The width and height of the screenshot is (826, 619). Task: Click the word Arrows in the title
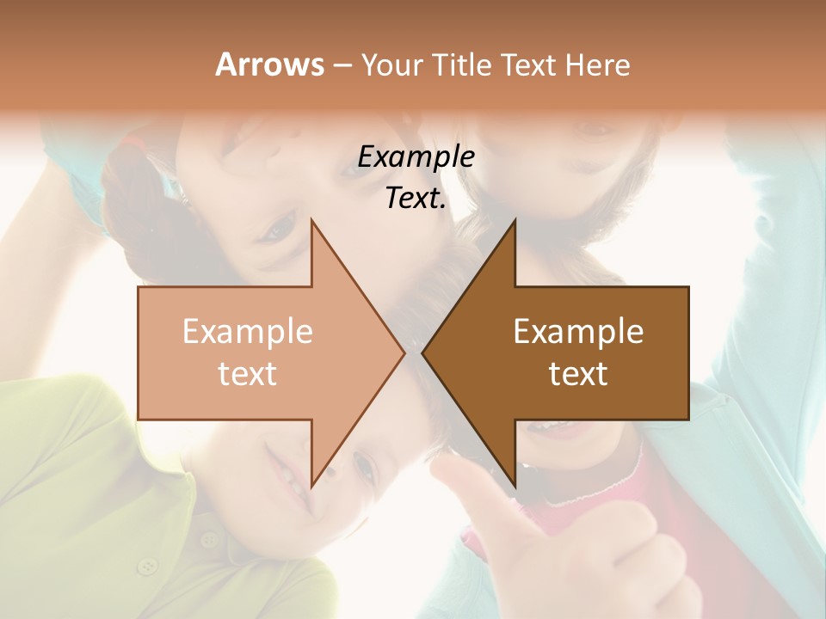coord(268,64)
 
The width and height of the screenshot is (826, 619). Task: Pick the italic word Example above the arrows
coord(416,156)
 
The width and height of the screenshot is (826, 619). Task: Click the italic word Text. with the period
coord(416,198)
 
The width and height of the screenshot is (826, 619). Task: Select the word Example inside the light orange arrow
coord(248,331)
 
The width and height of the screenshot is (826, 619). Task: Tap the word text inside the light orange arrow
coord(248,373)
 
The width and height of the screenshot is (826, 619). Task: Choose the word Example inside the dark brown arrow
coord(578,331)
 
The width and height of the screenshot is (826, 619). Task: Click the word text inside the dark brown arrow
coord(578,373)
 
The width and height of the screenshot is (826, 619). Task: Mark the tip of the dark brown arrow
coord(423,352)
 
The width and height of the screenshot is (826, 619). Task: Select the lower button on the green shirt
coord(149,566)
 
